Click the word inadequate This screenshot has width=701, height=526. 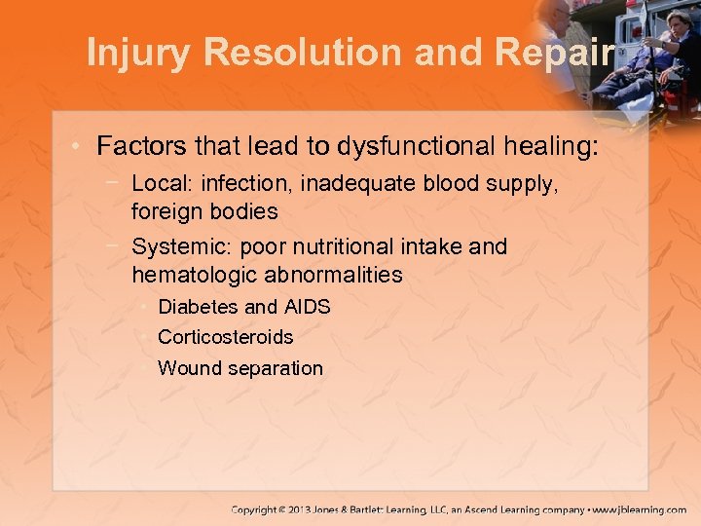(350, 183)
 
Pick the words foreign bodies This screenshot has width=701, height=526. (204, 211)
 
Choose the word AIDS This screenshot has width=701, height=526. (308, 307)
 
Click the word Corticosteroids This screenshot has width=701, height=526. (225, 337)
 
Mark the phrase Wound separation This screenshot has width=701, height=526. (240, 368)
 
